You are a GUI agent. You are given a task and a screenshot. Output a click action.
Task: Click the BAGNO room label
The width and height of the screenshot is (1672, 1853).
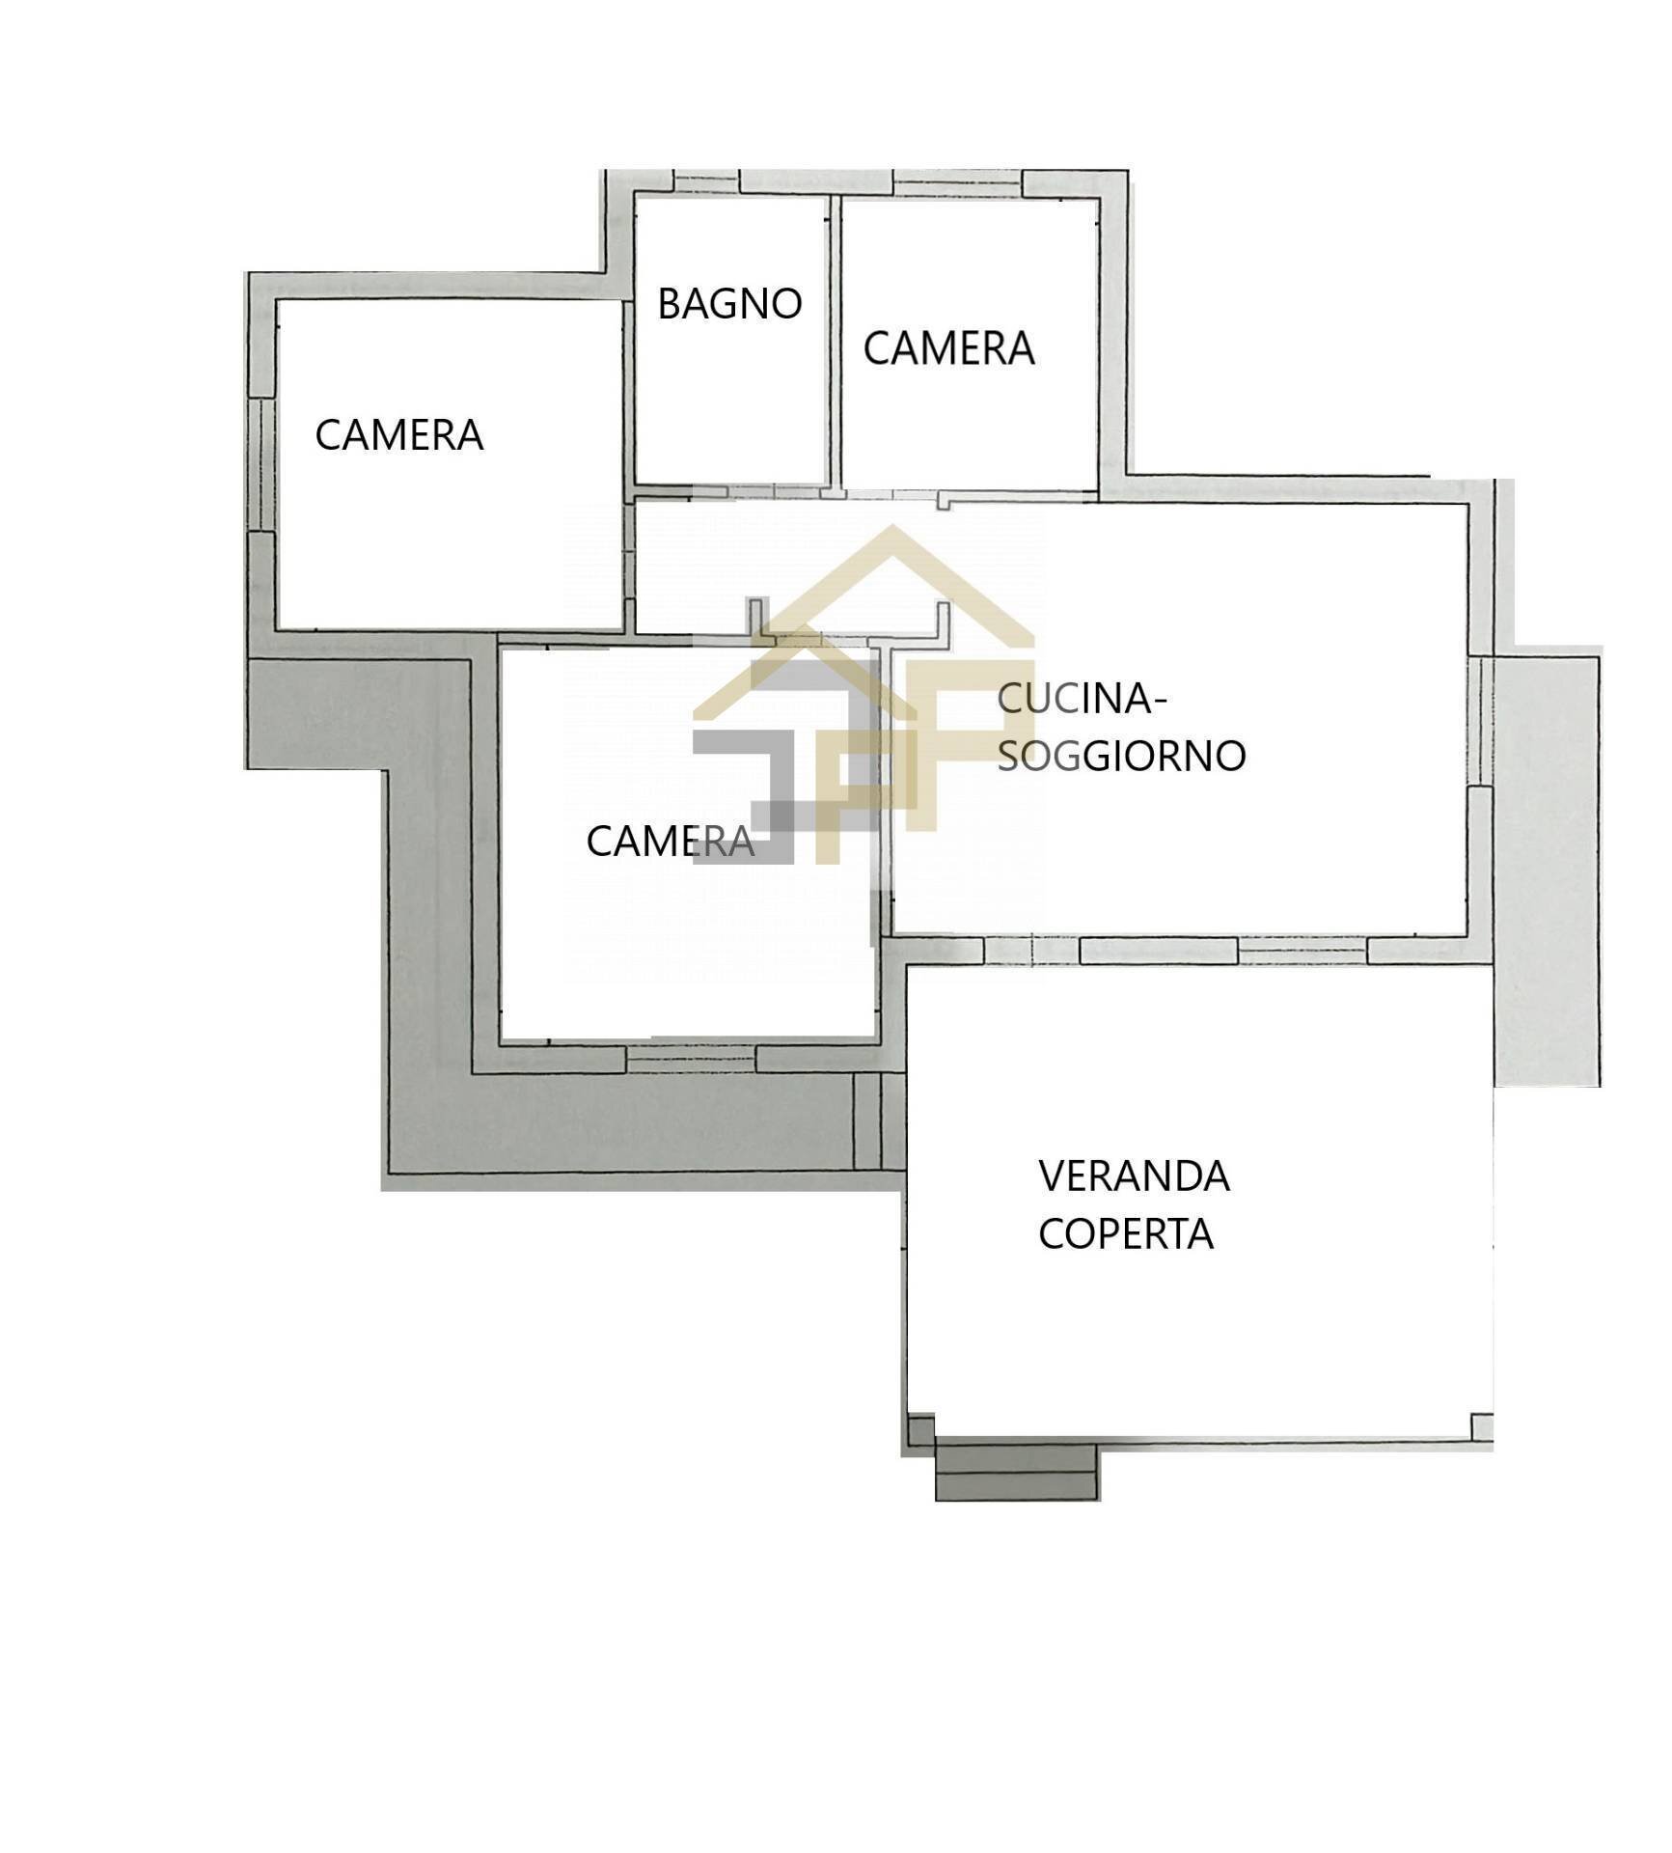coord(729,304)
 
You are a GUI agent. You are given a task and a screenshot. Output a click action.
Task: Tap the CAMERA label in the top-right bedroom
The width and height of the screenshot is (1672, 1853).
coord(948,348)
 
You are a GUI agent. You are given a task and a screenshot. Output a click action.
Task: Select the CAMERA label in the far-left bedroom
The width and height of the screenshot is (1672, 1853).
coord(398,435)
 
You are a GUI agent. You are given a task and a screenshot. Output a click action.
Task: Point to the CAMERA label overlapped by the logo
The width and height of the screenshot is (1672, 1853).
coord(670,842)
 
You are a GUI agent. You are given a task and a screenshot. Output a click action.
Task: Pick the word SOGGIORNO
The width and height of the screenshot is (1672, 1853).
coord(1121,756)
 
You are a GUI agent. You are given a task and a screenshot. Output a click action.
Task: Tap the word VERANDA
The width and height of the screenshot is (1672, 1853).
coord(1134,1175)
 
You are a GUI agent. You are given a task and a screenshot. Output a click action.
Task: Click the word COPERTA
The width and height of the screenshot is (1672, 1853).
coord(1125,1233)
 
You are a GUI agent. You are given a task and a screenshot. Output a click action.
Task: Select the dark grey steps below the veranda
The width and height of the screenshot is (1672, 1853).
coord(1016,1470)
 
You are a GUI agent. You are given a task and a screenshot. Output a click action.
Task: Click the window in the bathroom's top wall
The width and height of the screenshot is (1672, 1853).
coord(706,181)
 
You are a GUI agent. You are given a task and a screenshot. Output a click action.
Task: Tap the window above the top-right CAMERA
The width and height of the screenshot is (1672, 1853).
coord(957,183)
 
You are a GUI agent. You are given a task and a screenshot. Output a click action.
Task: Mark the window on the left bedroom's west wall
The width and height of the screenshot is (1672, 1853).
coord(261,464)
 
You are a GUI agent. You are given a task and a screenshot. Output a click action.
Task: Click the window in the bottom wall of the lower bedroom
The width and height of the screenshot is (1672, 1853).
coord(691,1060)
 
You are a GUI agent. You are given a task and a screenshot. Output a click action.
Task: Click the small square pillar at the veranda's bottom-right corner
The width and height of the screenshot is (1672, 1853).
coord(1482,1426)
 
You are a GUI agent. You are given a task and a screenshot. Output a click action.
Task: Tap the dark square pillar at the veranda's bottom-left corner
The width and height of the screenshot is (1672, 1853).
coord(922,1429)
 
